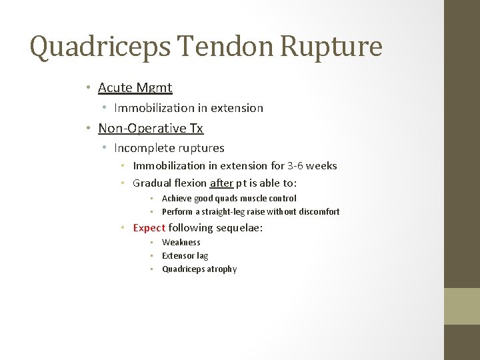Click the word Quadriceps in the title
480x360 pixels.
(87, 47)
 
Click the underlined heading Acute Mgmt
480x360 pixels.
(135, 87)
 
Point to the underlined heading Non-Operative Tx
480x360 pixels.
(151, 128)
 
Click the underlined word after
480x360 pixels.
(221, 183)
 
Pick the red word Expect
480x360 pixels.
(149, 227)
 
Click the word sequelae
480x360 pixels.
(238, 227)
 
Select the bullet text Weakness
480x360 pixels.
(181, 242)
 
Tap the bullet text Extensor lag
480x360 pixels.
(185, 255)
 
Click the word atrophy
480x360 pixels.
(221, 269)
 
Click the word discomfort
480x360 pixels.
(318, 211)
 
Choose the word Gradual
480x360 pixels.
(152, 183)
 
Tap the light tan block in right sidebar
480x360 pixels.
(462, 306)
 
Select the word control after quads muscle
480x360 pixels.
(283, 198)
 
